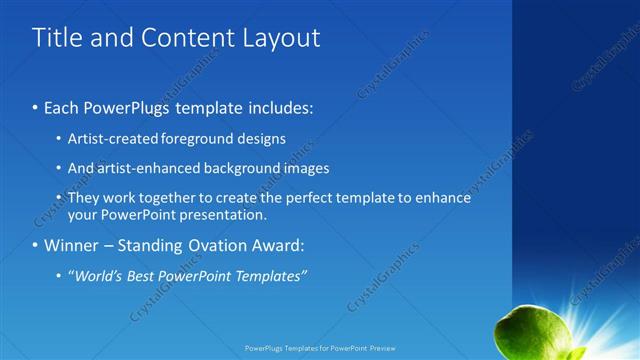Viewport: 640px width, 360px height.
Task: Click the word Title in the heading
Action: pyautogui.click(x=56, y=38)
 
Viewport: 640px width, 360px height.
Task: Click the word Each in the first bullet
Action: pyautogui.click(x=60, y=106)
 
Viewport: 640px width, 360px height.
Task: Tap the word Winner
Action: pyautogui.click(x=71, y=245)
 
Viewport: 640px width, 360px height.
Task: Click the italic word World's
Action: pyautogui.click(x=93, y=275)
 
